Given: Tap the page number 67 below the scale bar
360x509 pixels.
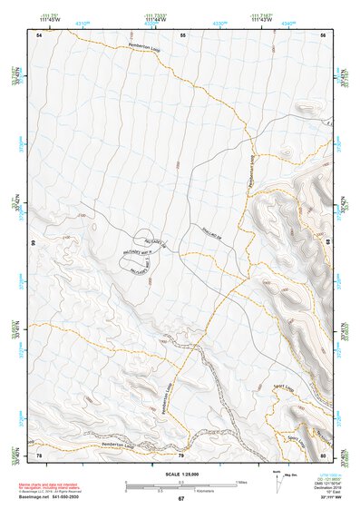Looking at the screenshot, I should [x=180, y=499].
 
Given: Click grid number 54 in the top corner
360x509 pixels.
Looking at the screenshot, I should [x=39, y=34].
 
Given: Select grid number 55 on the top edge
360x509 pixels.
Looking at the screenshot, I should [x=181, y=34].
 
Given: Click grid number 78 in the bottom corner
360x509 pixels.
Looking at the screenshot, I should [x=39, y=455].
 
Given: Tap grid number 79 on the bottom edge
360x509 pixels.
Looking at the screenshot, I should [x=180, y=455].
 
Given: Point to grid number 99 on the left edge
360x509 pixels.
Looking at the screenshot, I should [x=34, y=244].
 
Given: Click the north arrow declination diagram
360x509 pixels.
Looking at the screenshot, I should [x=279, y=481].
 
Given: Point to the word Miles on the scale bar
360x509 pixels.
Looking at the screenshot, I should [x=241, y=481].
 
